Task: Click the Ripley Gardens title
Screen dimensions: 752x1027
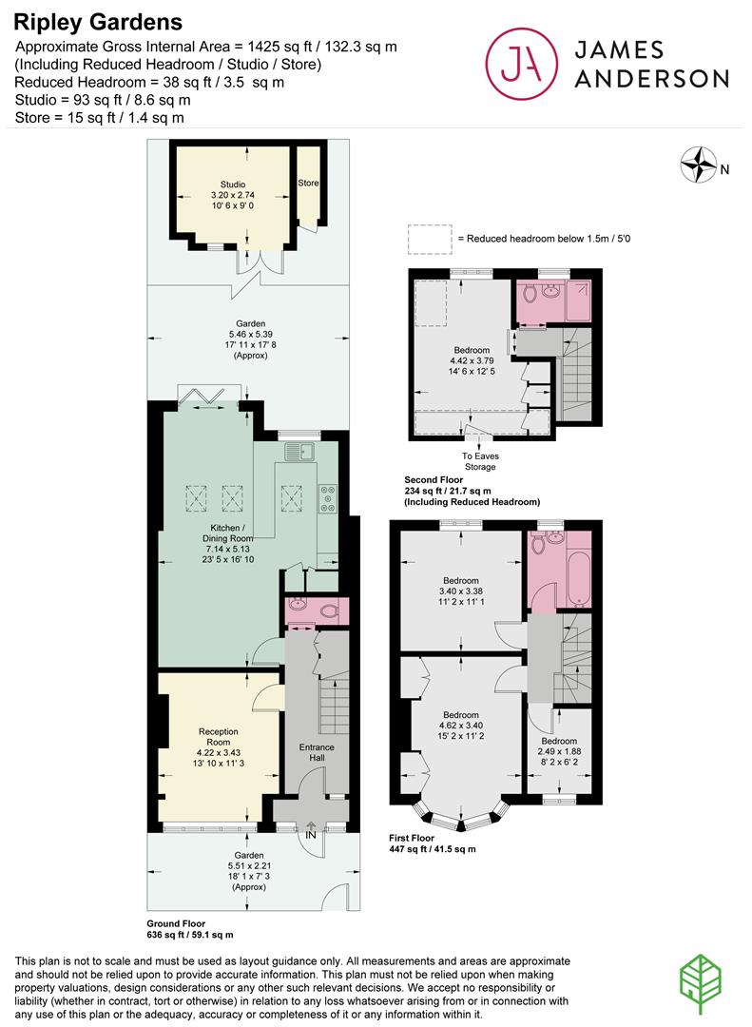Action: (98, 22)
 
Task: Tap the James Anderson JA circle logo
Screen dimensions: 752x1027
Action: (521, 64)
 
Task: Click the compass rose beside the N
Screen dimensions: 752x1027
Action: (698, 165)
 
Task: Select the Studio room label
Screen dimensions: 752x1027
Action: (233, 184)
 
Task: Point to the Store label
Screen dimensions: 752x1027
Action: (309, 183)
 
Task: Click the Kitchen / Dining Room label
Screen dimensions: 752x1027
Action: (228, 533)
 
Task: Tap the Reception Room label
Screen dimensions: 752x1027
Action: (218, 737)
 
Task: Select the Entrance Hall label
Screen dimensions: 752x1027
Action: (317, 752)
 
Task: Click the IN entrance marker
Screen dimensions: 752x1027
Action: (311, 835)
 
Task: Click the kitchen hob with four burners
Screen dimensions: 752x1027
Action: (327, 497)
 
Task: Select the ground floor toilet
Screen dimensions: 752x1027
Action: (329, 611)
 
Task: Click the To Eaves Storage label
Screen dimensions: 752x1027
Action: (480, 461)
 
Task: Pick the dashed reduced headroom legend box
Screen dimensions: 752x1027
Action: (430, 240)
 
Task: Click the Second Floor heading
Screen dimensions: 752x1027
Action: (434, 479)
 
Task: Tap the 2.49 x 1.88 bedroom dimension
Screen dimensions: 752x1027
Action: (559, 751)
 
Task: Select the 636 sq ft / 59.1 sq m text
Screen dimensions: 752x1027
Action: (190, 935)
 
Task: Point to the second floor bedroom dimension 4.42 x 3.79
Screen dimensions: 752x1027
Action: (472, 361)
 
